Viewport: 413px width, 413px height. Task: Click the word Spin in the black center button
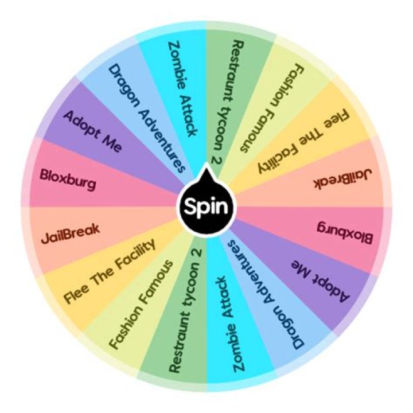(206, 206)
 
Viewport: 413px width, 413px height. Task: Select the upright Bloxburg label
(68, 180)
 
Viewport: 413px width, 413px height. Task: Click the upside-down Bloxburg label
(345, 232)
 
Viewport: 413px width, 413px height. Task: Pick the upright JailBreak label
(71, 234)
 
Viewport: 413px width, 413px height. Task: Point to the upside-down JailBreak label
(342, 179)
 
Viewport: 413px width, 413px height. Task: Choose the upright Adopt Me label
(93, 131)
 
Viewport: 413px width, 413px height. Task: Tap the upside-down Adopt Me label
(321, 281)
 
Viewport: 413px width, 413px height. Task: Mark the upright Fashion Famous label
(141, 304)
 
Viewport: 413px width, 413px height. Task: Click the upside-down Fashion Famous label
(272, 108)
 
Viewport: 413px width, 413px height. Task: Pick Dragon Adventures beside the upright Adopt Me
(147, 119)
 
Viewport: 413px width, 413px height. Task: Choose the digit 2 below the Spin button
(196, 252)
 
